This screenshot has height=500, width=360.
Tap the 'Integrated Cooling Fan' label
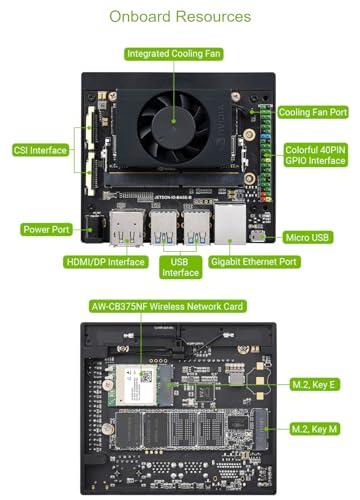pos(174,53)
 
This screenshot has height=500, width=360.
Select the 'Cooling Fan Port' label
pos(314,113)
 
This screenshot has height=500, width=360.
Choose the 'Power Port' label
pos(47,229)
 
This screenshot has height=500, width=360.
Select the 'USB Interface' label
pos(180,266)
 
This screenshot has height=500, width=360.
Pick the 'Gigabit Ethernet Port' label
pos(255,263)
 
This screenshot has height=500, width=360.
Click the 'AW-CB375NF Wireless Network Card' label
pos(166,306)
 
